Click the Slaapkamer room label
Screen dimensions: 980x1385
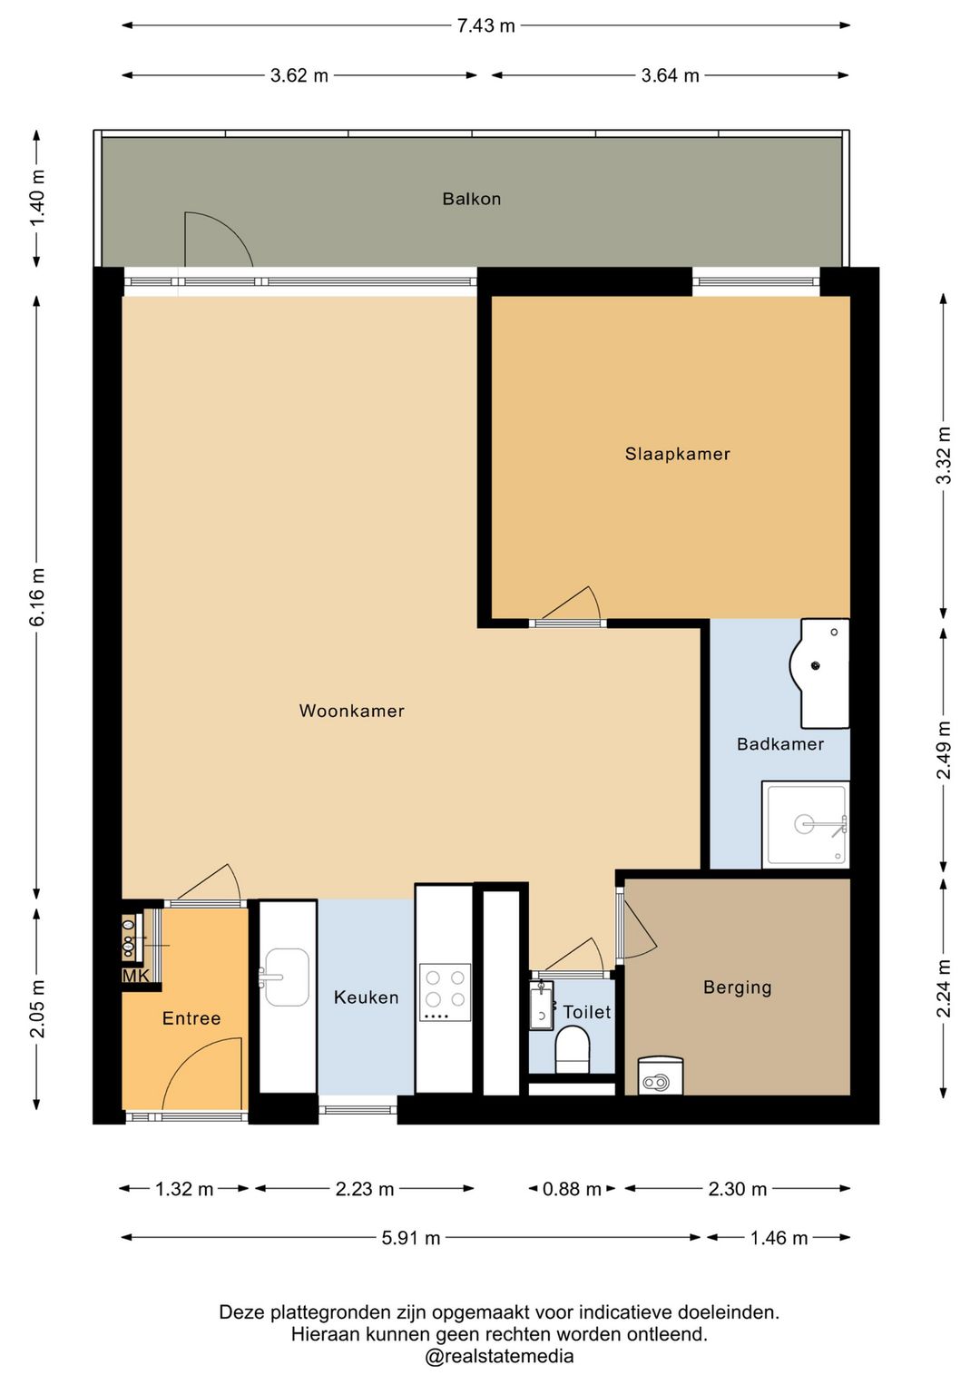click(x=677, y=454)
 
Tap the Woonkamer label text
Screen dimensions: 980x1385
click(x=351, y=711)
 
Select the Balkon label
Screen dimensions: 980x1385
click(x=471, y=199)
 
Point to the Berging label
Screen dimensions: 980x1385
click(x=737, y=987)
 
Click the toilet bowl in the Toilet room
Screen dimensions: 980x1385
click(x=572, y=1049)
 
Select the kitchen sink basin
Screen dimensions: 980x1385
click(x=286, y=977)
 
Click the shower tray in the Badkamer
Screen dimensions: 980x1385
click(x=805, y=824)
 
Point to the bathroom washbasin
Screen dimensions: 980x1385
click(x=819, y=673)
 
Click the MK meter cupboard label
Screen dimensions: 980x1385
click(x=136, y=976)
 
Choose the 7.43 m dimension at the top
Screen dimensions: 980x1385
click(x=486, y=25)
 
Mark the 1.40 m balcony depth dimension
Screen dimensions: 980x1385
click(x=37, y=199)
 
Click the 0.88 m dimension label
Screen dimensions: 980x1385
click(x=572, y=1189)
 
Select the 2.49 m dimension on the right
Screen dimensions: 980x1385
click(x=944, y=750)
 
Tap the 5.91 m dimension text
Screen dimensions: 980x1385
click(x=410, y=1239)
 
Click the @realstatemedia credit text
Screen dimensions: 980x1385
click(x=499, y=1357)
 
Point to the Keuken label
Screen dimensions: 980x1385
click(x=366, y=997)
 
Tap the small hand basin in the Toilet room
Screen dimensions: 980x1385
click(x=541, y=1007)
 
